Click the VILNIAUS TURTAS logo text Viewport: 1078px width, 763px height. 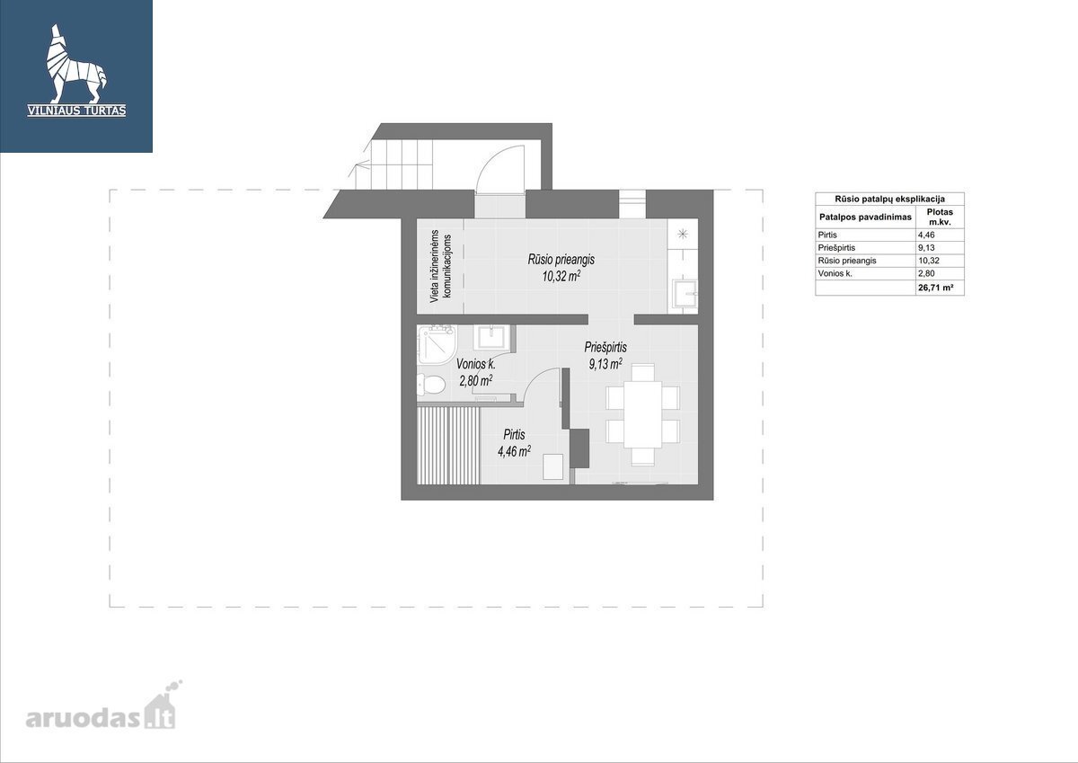tap(76, 111)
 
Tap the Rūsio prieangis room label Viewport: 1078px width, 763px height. tap(561, 260)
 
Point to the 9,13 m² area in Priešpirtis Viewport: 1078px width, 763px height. tap(605, 364)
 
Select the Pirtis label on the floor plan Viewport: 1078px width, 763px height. tap(514, 435)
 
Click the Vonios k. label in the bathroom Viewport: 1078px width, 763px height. tap(475, 364)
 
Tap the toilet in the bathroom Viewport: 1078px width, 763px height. tap(431, 385)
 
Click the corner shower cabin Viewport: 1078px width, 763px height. tap(437, 343)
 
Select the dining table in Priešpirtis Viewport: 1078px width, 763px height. tap(642, 414)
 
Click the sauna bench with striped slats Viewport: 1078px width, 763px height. tap(448, 446)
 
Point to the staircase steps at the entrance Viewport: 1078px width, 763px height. tap(394, 164)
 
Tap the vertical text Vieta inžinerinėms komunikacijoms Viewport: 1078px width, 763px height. tap(441, 266)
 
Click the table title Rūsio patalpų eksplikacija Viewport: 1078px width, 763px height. tap(889, 199)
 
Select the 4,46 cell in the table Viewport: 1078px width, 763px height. tap(926, 235)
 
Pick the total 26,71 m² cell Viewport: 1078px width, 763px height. tap(935, 288)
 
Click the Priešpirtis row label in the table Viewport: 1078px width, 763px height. tap(836, 247)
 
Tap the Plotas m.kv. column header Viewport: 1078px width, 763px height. tap(940, 217)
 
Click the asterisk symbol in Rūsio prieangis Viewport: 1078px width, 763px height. tap(683, 235)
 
